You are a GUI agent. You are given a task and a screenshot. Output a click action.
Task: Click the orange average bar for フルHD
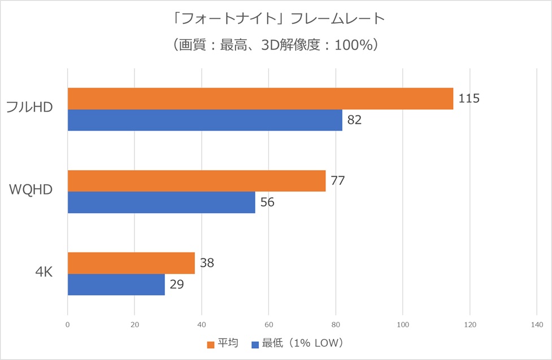coord(260,99)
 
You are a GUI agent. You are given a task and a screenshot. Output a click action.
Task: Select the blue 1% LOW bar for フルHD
coord(205,120)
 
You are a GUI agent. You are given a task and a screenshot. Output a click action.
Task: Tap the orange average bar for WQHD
coord(197,181)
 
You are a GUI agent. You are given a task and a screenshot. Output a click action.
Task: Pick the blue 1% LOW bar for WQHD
coord(161,202)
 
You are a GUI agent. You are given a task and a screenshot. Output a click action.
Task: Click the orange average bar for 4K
coord(131,263)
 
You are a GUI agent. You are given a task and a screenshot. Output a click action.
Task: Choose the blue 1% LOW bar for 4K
coord(116,284)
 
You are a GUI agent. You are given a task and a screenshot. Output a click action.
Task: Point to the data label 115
coord(469,99)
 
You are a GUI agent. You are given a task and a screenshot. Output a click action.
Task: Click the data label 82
coord(354,120)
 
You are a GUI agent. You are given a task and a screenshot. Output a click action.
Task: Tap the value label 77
coord(338,181)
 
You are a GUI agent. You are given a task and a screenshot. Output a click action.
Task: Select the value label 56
coord(267,202)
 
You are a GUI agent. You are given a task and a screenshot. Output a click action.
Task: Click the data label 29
coord(177,284)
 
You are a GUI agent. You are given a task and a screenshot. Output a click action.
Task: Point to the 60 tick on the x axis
coord(269,324)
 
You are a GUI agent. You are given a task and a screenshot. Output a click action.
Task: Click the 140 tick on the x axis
coord(537,324)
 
